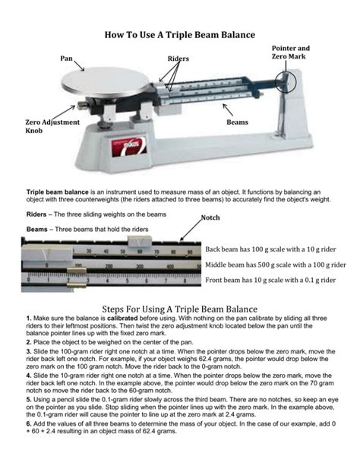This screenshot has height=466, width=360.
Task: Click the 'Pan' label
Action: pyautogui.click(x=66, y=59)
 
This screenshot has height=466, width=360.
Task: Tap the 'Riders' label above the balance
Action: pyautogui.click(x=178, y=59)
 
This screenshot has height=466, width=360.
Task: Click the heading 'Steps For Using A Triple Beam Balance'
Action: pyautogui.click(x=179, y=308)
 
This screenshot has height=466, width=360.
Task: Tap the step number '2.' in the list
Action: pyautogui.click(x=29, y=343)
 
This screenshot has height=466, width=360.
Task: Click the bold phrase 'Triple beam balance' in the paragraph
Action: pyautogui.click(x=58, y=193)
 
